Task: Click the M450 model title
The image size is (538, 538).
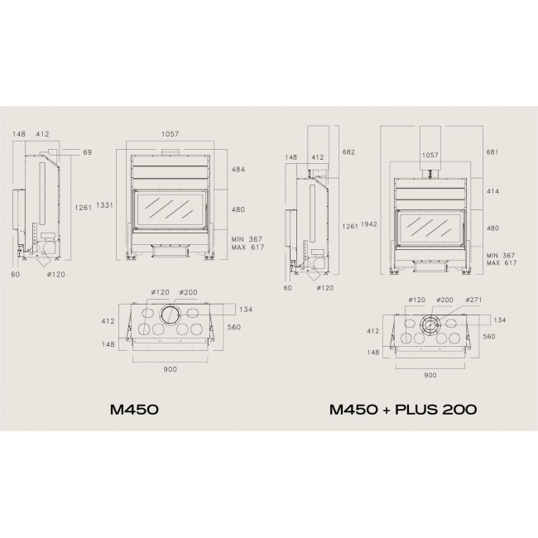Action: tap(134, 410)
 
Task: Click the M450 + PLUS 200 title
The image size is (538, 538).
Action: tap(403, 410)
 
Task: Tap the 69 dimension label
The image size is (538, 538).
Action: tap(88, 152)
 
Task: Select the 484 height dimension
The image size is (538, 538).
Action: tap(238, 170)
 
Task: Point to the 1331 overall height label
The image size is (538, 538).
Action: tap(104, 205)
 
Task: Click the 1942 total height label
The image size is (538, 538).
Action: tap(369, 224)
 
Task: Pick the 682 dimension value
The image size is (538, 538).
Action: tap(348, 152)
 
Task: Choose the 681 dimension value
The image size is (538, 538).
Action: tap(492, 152)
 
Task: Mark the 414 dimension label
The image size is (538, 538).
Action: tap(492, 191)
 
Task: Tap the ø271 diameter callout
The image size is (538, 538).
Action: tap(473, 300)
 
